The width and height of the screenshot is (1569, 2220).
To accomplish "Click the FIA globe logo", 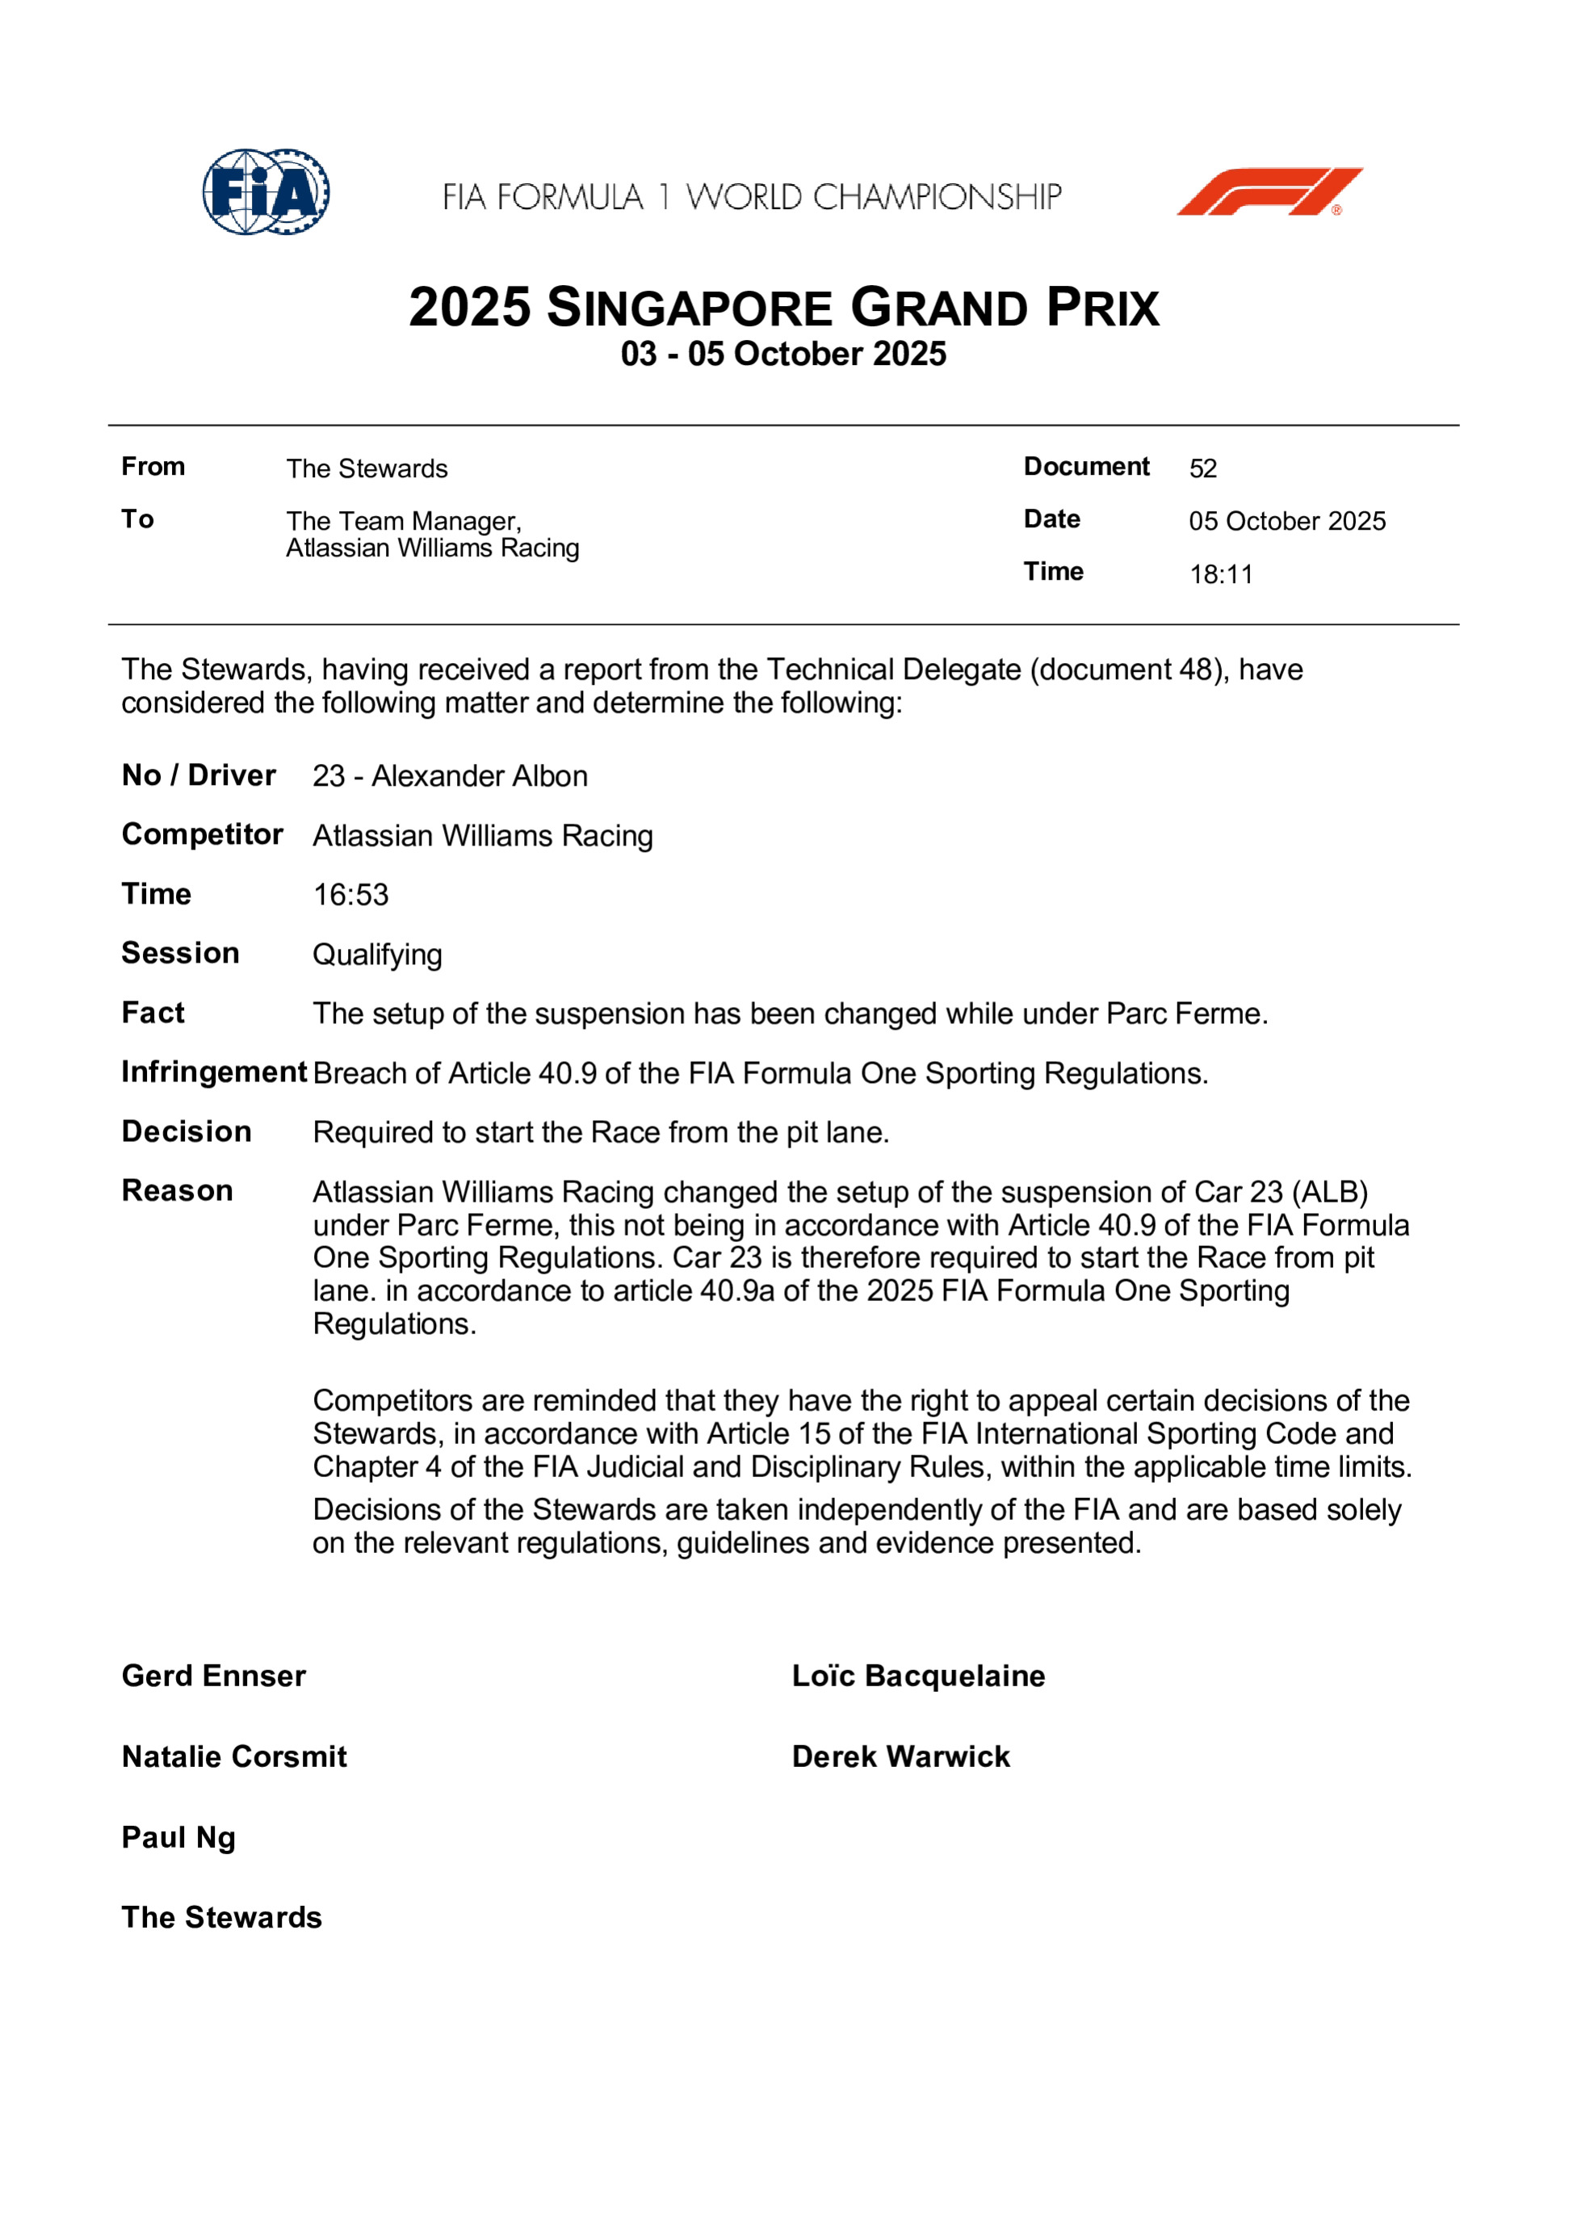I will coord(265,191).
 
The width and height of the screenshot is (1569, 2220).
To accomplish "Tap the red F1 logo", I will coord(1269,191).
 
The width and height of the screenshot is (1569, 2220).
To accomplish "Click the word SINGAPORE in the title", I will coord(690,308).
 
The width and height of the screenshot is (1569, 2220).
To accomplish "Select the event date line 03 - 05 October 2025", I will coord(783,354).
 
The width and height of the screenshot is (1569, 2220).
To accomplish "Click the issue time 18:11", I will coord(1220,574).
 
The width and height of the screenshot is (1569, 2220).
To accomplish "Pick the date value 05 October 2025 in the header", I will coord(1286,521).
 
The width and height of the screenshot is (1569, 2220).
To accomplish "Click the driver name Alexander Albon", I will coord(480,776).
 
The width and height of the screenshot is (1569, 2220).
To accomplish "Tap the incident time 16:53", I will coord(350,896).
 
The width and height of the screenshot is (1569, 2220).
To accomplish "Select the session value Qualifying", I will coord(377,955).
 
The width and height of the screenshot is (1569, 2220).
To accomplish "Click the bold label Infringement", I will coord(214,1072).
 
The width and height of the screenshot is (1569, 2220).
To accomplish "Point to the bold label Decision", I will coord(187,1131).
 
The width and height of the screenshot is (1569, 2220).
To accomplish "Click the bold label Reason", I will coord(177,1191).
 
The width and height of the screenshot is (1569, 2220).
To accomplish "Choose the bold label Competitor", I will coord(202,834).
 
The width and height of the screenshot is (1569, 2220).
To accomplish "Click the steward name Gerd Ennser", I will coord(214,1676).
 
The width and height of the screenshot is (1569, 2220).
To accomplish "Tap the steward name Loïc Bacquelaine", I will coord(918,1676).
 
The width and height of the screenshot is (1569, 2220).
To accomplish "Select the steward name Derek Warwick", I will coord(900,1756).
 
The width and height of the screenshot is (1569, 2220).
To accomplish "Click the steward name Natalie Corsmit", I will coord(234,1756).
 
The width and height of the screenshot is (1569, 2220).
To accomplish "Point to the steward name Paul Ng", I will coord(178,1838).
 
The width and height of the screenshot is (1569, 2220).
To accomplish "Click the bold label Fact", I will coord(153,1013).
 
